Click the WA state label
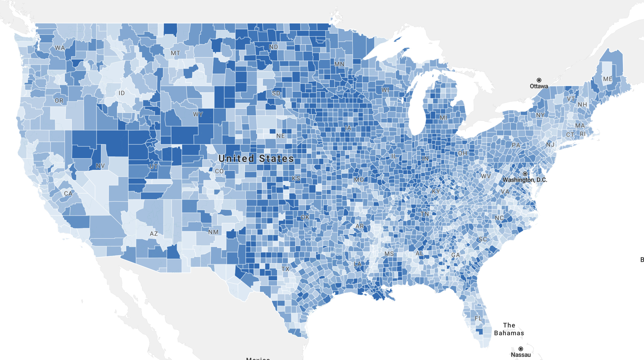[x=60, y=48]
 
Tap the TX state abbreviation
[x=285, y=269]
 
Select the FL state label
[x=478, y=318]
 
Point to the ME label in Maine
[x=607, y=79]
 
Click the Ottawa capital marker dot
[x=539, y=80]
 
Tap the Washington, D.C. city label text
[x=525, y=180]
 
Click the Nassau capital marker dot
[x=521, y=349]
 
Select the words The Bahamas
[x=509, y=329]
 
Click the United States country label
[x=256, y=159]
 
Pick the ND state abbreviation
[x=274, y=47]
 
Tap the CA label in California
[x=68, y=193]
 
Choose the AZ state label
[x=154, y=234]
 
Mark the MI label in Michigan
[x=443, y=118]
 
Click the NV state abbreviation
[x=100, y=166]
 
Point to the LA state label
[x=357, y=264]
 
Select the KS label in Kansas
[x=296, y=178]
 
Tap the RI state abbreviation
[x=583, y=134]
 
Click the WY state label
[x=198, y=114]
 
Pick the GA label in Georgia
[x=455, y=255]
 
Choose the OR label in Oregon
[x=59, y=101]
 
